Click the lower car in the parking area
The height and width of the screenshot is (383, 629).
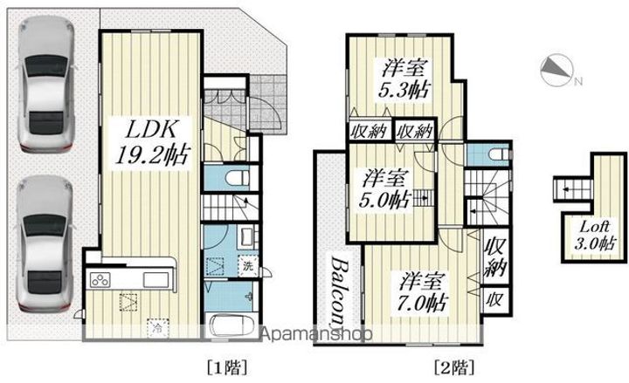pos(45,242)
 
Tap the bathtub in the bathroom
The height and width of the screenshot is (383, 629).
pos(232,325)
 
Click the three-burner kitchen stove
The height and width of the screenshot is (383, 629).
pos(100,281)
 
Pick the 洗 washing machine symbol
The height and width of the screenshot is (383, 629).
pos(247,265)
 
